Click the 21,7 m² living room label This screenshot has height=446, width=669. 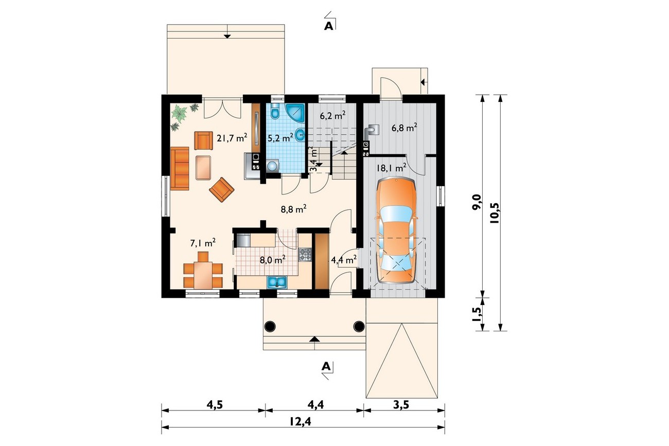pyautogui.click(x=232, y=138)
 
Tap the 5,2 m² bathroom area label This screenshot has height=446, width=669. pyautogui.click(x=280, y=138)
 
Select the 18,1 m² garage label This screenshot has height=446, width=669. pyautogui.click(x=391, y=168)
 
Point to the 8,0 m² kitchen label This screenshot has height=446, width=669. pyautogui.click(x=272, y=260)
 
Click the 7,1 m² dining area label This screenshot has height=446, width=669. pyautogui.click(x=203, y=243)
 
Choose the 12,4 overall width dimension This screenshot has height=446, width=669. pyautogui.click(x=300, y=422)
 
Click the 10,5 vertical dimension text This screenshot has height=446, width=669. pyautogui.click(x=495, y=213)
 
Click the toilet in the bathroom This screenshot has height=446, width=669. pyautogui.click(x=274, y=112)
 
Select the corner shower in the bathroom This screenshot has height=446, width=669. pyautogui.click(x=295, y=114)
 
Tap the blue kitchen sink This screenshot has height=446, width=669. pyautogui.click(x=277, y=282)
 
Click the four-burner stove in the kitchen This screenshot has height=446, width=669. pyautogui.click(x=305, y=255)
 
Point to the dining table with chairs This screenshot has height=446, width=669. pyautogui.click(x=203, y=272)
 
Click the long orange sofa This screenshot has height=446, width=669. pyautogui.click(x=180, y=168)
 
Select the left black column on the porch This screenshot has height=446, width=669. pyautogui.click(x=270, y=326)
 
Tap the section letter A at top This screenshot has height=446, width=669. pyautogui.click(x=328, y=26)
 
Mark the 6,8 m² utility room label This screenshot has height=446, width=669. pyautogui.click(x=404, y=128)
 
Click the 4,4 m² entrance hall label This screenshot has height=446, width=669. pyautogui.click(x=344, y=260)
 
